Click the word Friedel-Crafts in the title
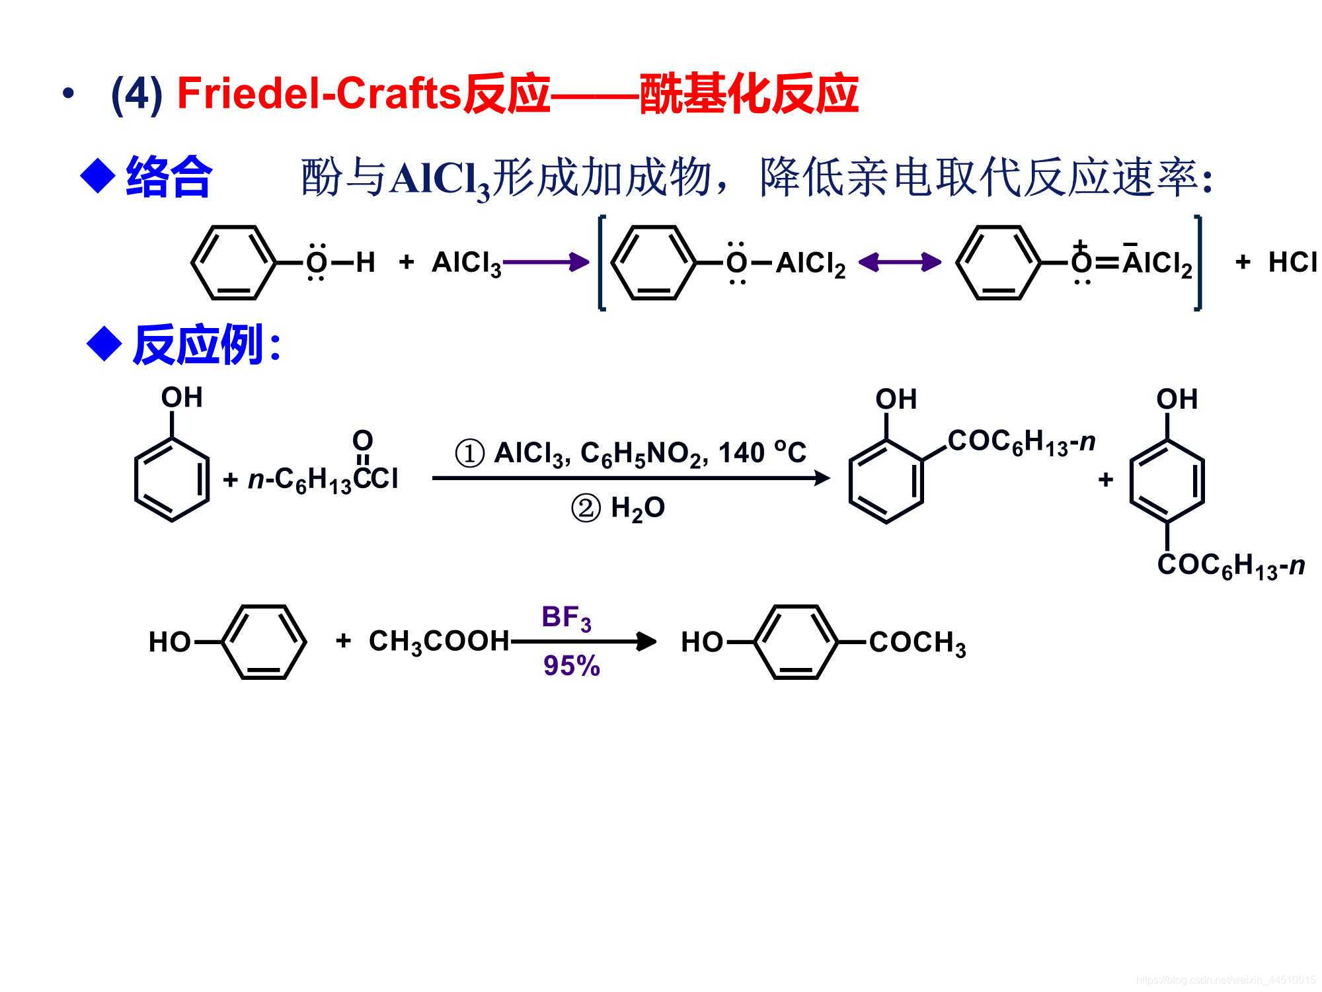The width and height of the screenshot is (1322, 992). pyautogui.click(x=319, y=93)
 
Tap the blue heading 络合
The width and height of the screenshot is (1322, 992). pyautogui.click(x=169, y=177)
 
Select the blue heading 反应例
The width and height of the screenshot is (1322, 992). pyautogui.click(x=198, y=345)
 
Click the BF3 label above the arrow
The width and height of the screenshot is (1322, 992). pyautogui.click(x=566, y=618)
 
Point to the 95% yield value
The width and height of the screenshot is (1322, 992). pyautogui.click(x=571, y=665)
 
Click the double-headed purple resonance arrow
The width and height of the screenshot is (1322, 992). pyautogui.click(x=900, y=263)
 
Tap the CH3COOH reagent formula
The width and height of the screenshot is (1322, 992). pyautogui.click(x=439, y=641)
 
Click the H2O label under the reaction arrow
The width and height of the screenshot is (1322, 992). pyautogui.click(x=637, y=509)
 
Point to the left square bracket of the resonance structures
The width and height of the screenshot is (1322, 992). pyautogui.click(x=602, y=263)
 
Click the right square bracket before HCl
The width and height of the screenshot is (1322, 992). pyautogui.click(x=1198, y=263)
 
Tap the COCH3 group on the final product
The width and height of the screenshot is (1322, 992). pyautogui.click(x=917, y=643)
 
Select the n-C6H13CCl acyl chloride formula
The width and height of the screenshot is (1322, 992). pyautogui.click(x=323, y=479)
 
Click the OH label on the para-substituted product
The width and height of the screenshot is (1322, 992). pyautogui.click(x=1177, y=399)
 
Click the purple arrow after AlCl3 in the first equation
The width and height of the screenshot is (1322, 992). pyautogui.click(x=545, y=263)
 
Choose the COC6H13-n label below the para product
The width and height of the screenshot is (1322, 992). pyautogui.click(x=1230, y=566)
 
